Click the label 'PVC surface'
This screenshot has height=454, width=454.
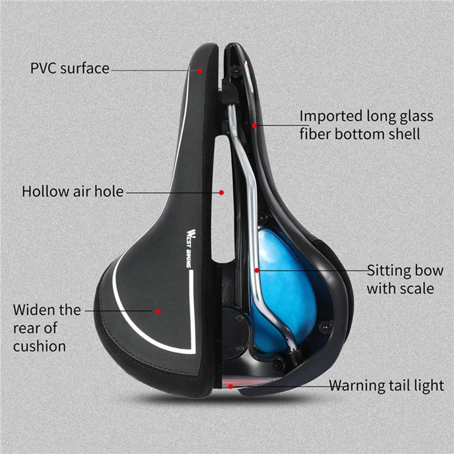[69, 69]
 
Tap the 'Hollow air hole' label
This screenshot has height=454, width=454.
[72, 191]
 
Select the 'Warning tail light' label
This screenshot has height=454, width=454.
[386, 386]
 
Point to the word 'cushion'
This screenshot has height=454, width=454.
[39, 346]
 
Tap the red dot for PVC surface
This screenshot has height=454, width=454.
[200, 71]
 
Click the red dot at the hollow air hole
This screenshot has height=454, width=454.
[222, 192]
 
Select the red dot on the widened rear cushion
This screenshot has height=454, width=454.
[158, 311]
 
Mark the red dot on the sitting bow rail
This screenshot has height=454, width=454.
[257, 271]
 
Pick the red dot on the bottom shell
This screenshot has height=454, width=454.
[254, 125]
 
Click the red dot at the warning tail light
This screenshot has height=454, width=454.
[230, 386]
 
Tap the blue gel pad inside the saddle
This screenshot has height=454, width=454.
[281, 284]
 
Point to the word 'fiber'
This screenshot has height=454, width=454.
[316, 134]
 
